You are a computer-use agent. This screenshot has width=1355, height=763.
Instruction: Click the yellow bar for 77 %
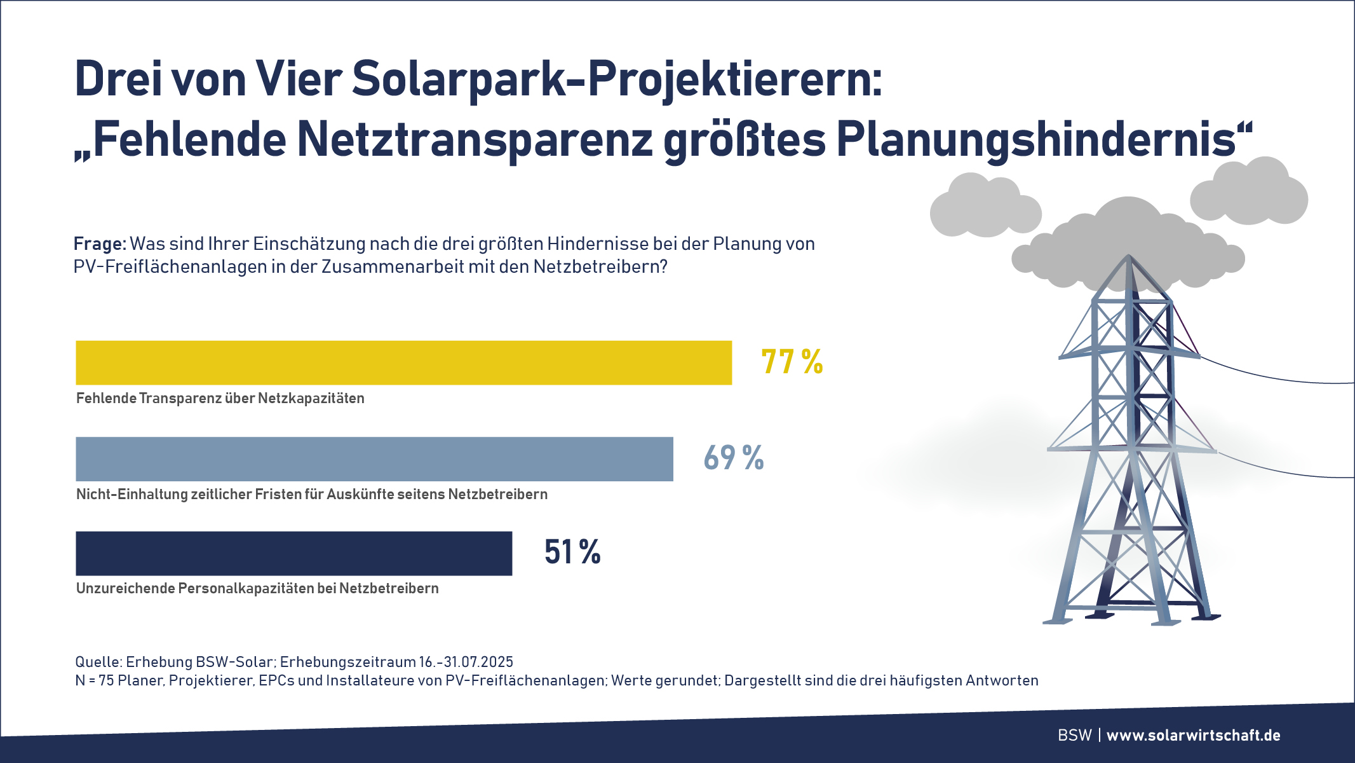click(x=403, y=362)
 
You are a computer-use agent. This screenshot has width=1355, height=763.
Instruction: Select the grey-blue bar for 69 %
click(x=374, y=458)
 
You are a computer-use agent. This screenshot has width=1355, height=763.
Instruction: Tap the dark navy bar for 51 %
click(x=293, y=553)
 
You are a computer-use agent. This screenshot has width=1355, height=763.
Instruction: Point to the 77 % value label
click(x=792, y=362)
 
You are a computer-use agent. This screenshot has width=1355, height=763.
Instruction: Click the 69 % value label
click(x=734, y=458)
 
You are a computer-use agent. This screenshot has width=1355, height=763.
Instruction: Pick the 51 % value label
click(x=572, y=552)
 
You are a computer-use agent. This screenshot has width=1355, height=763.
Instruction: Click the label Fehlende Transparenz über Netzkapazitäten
click(x=220, y=399)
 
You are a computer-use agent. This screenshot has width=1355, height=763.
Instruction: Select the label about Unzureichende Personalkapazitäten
click(x=257, y=589)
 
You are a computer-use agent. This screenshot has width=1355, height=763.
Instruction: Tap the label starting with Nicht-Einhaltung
click(x=311, y=495)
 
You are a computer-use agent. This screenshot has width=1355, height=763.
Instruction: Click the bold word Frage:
click(x=100, y=244)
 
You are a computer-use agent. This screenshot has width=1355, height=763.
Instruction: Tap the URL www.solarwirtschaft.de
click(x=1193, y=736)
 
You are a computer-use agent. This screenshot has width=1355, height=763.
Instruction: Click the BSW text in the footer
click(x=1074, y=736)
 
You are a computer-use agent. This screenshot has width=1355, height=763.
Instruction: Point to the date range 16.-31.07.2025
click(x=466, y=662)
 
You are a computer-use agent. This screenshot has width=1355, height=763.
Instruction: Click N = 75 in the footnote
click(x=95, y=680)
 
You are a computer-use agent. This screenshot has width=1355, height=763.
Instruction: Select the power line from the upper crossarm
click(x=1277, y=376)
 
